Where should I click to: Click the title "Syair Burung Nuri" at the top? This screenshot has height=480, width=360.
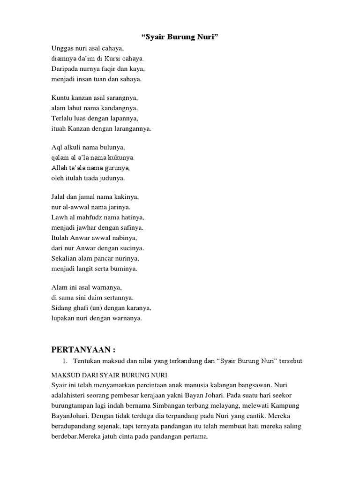tap(180, 37)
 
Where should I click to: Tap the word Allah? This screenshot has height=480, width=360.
tap(59, 168)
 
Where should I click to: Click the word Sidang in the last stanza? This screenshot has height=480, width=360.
tap(61, 308)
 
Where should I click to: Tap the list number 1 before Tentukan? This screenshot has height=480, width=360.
tap(65, 361)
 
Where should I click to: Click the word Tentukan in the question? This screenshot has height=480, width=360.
tap(88, 361)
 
